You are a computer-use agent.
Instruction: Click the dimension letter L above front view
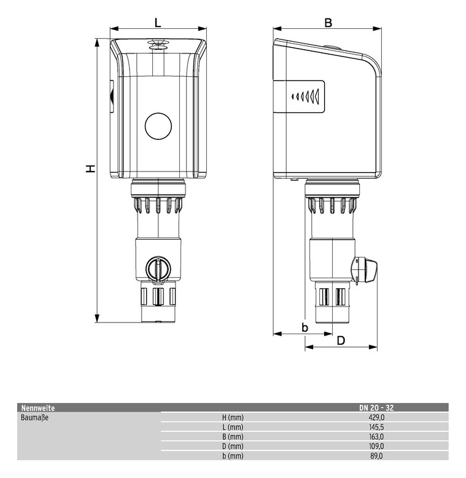click(158, 23)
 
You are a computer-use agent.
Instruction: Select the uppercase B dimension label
click(328, 23)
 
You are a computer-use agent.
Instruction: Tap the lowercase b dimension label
click(305, 327)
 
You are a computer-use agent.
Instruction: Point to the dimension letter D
click(341, 340)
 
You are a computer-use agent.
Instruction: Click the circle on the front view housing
click(158, 126)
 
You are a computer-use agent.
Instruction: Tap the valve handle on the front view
click(158, 268)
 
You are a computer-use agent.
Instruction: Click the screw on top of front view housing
click(158, 44)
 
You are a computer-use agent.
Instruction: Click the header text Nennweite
click(37, 407)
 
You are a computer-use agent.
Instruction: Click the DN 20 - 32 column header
click(376, 407)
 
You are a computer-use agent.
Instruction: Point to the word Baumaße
click(35, 417)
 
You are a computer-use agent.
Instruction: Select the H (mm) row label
click(233, 417)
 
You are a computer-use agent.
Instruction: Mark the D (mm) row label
click(233, 446)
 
